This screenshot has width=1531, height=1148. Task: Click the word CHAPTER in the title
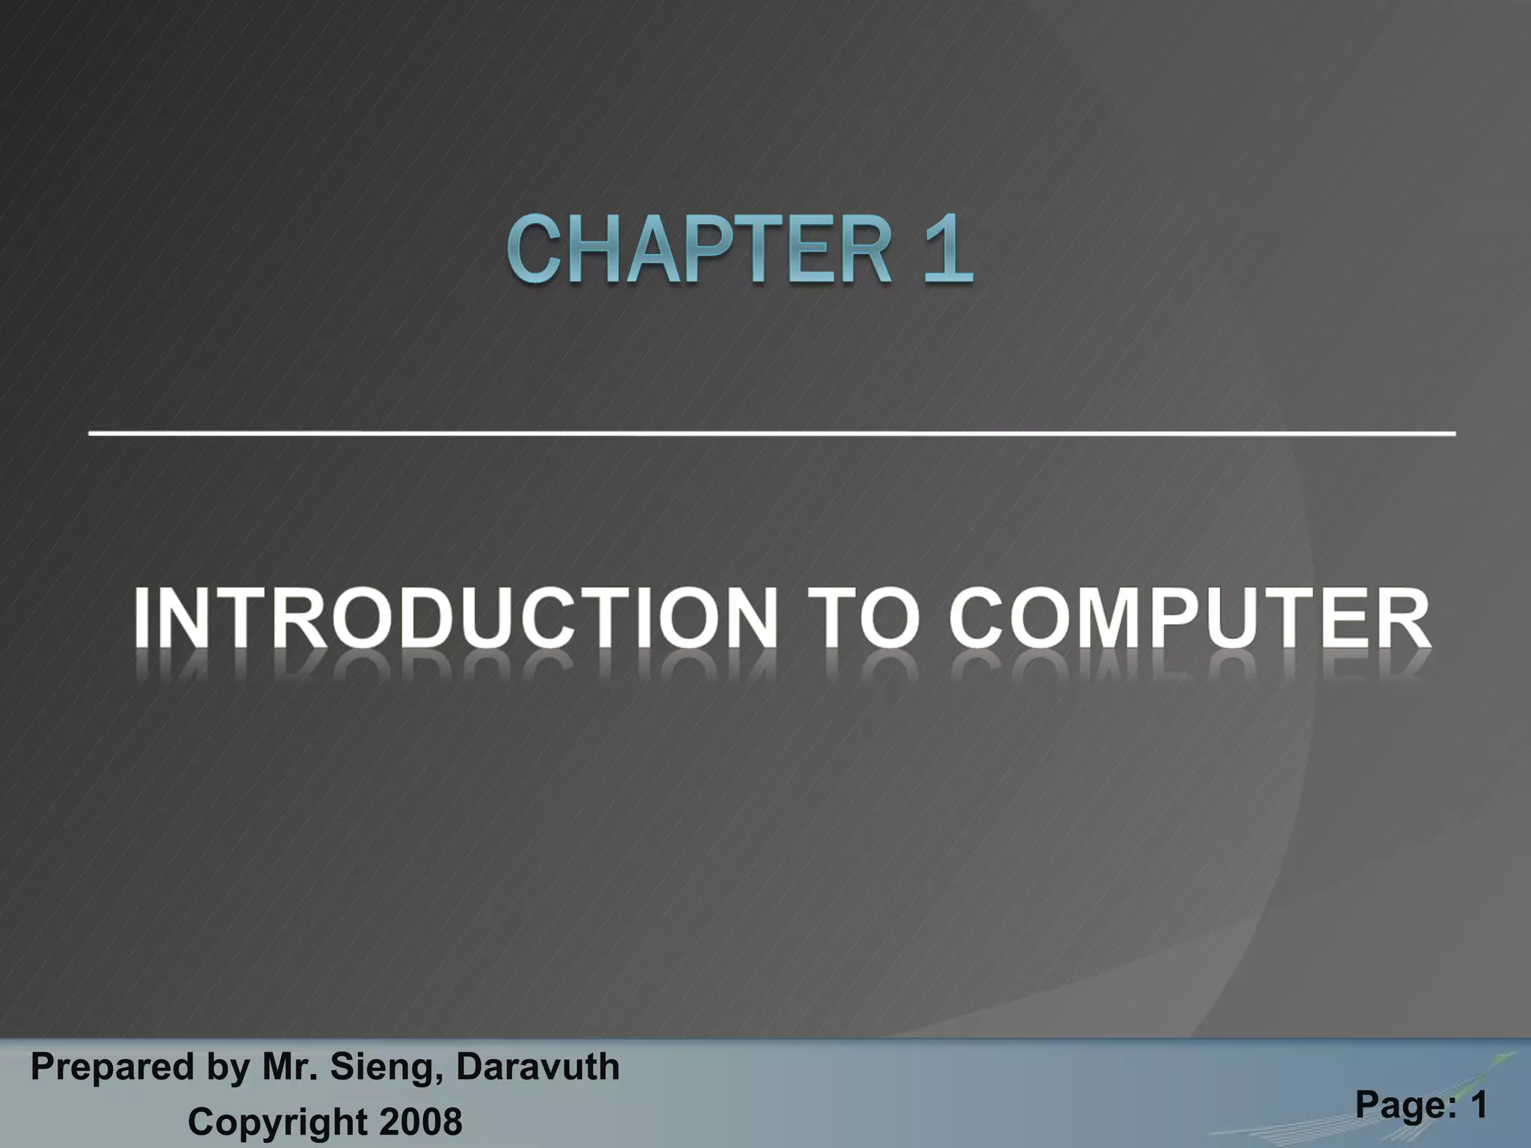tap(699, 249)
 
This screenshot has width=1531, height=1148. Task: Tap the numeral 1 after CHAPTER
tap(947, 249)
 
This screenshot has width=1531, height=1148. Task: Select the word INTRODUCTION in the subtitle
tap(456, 618)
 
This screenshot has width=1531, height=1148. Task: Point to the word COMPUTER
tap(1189, 618)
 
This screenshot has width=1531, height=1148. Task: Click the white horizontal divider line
tap(771, 433)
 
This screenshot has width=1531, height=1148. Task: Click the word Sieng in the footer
tap(381, 1067)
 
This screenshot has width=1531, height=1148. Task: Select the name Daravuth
tap(537, 1067)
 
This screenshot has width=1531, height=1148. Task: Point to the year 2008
tap(421, 1122)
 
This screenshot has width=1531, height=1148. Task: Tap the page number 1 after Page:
tap(1478, 1105)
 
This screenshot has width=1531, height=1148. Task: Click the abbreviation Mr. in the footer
tap(289, 1067)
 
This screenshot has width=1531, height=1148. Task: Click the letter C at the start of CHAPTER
tap(535, 249)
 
